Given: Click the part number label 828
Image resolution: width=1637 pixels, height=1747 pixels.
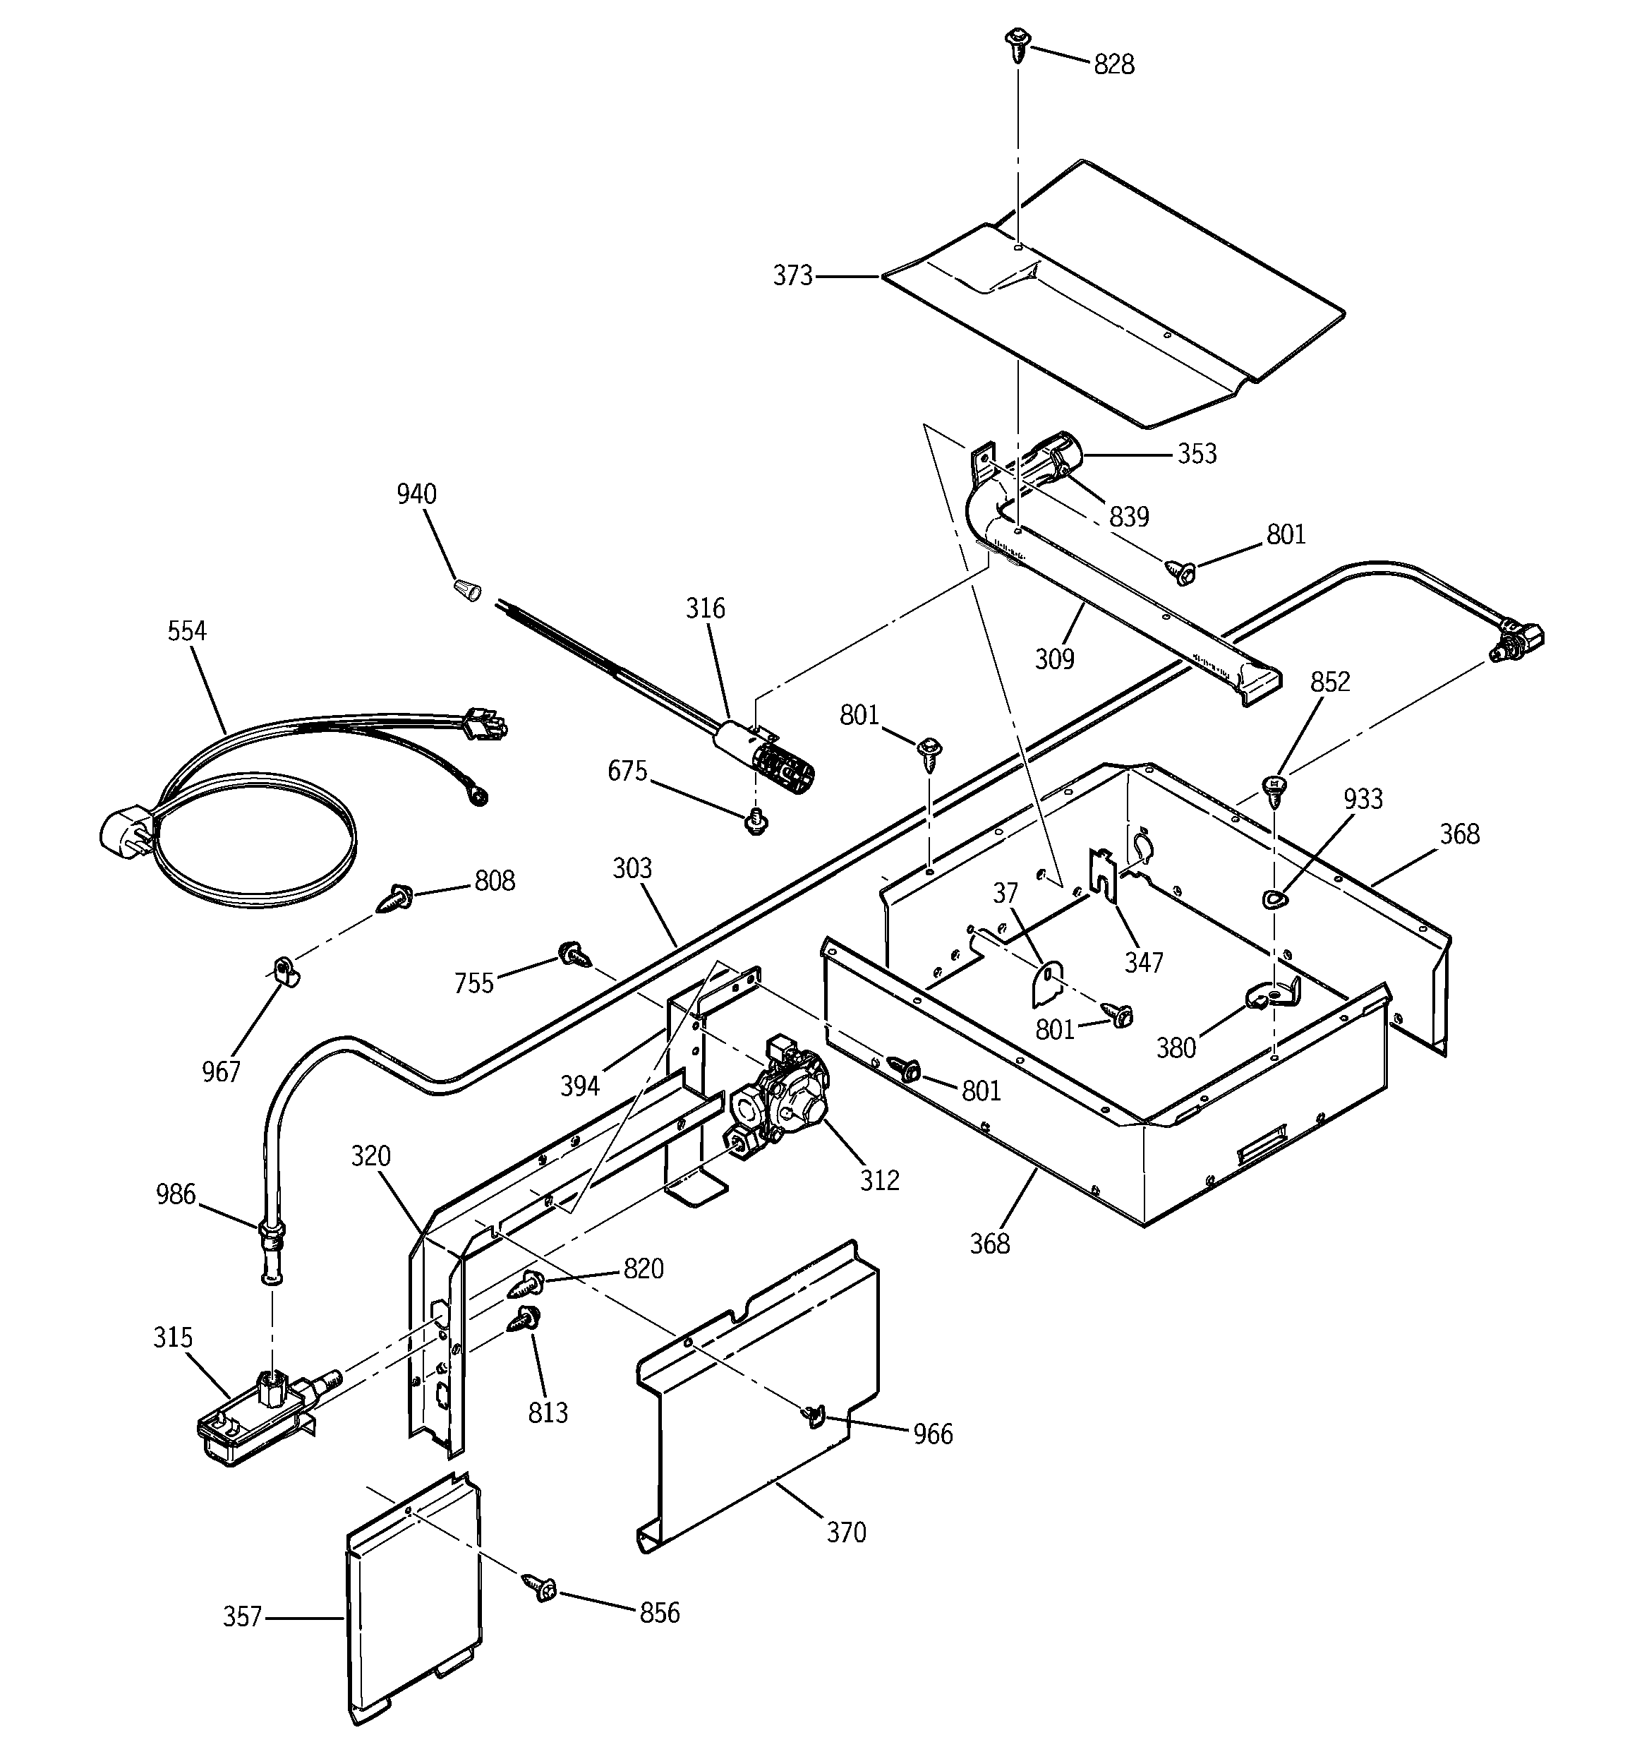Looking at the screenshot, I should [x=1113, y=64].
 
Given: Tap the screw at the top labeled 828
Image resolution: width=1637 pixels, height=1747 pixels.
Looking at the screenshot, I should [x=1017, y=44].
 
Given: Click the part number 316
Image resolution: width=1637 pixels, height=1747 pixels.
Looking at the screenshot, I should [x=705, y=608].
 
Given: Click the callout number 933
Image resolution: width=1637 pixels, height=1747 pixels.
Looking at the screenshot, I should [x=1363, y=799].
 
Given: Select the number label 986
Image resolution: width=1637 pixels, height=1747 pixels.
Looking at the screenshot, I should [x=176, y=1194].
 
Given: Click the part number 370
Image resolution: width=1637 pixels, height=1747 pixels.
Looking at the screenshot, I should [x=845, y=1532].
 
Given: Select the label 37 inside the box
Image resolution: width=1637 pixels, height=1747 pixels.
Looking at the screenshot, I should [x=1005, y=894].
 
